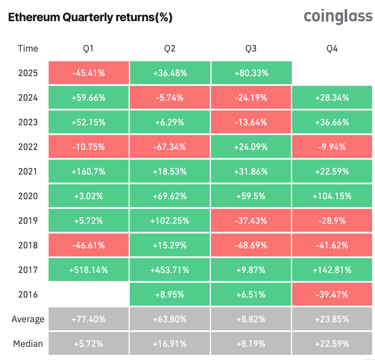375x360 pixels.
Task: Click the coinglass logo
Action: click(338, 17)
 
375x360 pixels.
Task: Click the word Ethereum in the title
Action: click(34, 17)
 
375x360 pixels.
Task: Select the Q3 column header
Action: click(251, 49)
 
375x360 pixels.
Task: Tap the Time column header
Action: click(28, 49)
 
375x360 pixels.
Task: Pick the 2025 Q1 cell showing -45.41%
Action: click(89, 73)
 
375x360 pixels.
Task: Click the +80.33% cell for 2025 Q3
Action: click(251, 73)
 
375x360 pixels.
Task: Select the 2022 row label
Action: click(28, 147)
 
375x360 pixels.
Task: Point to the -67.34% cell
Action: click(170, 147)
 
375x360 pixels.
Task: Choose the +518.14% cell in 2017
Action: click(89, 270)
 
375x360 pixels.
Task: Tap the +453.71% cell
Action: click(170, 270)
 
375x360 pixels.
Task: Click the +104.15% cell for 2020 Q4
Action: click(332, 196)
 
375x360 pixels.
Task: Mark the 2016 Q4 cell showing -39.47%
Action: click(332, 294)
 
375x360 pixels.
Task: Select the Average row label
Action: click(28, 319)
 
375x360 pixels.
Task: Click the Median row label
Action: click(28, 344)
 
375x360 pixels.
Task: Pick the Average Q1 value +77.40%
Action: click(89, 319)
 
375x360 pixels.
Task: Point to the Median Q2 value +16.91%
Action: click(170, 344)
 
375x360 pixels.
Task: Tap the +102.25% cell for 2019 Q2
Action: click(170, 221)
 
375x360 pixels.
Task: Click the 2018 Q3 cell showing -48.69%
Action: click(251, 246)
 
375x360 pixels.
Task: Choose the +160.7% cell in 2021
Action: click(89, 172)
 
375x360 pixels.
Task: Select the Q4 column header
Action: click(332, 49)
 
